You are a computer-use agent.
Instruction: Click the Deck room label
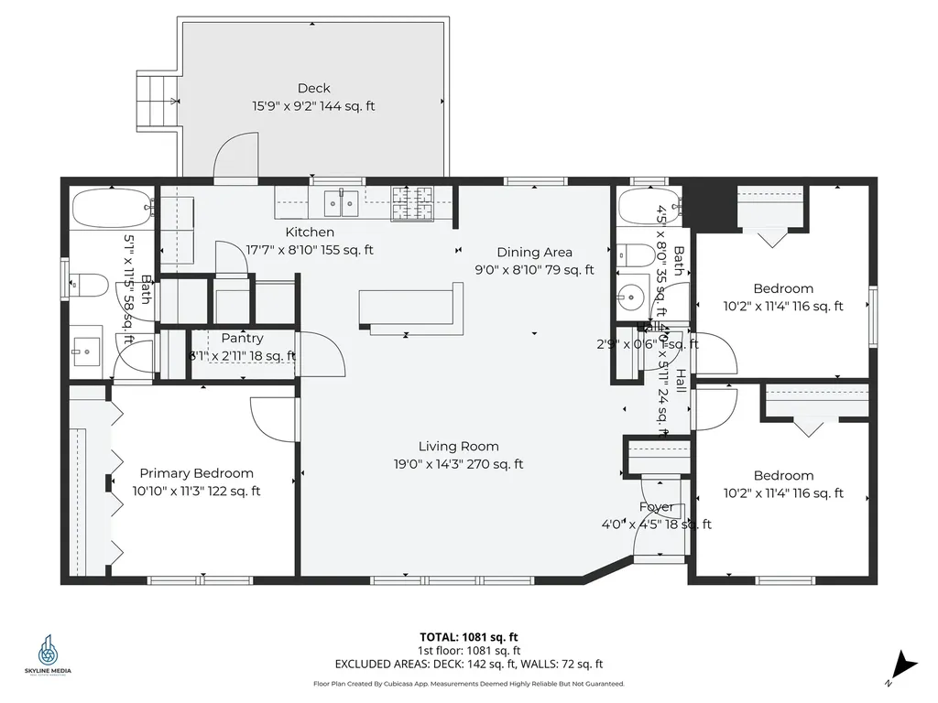coord(313,89)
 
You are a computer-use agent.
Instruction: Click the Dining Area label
coord(534,253)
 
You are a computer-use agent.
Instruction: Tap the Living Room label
coord(458,447)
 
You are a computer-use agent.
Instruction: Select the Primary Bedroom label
coord(196,473)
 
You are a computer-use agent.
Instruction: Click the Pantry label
coord(242,339)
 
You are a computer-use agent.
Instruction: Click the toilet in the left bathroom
coord(84,285)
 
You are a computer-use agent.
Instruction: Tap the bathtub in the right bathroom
coord(649,208)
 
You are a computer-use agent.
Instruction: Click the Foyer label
coord(656,507)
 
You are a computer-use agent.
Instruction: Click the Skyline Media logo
coord(48,655)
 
